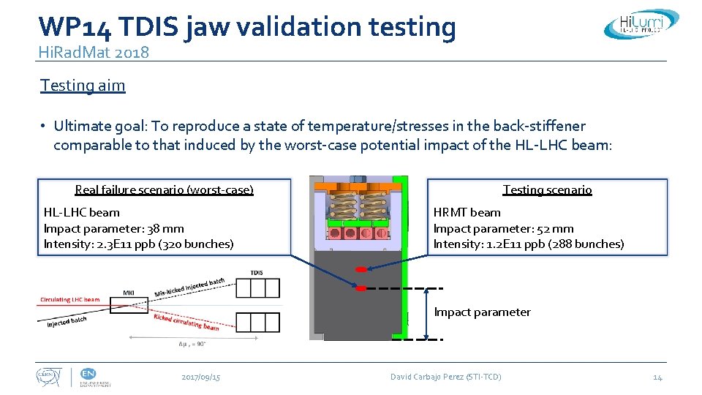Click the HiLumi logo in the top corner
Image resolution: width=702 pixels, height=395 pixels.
[641, 23]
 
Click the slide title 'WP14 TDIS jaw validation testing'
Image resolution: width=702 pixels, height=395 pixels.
[247, 26]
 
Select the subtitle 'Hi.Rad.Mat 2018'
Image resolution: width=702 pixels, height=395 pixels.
[94, 52]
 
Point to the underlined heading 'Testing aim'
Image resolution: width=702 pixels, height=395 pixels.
[83, 85]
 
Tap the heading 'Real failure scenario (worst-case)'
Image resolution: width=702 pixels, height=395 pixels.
[164, 190]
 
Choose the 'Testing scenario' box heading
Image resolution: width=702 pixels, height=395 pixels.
[547, 190]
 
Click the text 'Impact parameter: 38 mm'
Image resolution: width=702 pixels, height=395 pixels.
[114, 228]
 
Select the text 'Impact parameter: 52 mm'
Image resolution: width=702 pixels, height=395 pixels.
[503, 228]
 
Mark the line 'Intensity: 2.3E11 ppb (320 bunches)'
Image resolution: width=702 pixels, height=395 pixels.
[139, 244]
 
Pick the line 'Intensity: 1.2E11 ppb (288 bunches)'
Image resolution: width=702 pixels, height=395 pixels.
[529, 244]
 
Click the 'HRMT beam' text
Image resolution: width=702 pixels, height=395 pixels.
[467, 212]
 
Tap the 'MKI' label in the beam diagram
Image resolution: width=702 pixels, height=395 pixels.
[129, 293]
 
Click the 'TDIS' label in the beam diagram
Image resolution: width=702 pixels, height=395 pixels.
[256, 273]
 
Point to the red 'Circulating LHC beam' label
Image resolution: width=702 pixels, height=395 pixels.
[70, 300]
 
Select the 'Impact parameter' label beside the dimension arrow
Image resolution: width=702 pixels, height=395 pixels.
[482, 312]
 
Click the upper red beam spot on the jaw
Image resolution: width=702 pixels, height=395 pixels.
[361, 270]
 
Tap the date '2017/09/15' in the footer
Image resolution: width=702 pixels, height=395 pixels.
[201, 377]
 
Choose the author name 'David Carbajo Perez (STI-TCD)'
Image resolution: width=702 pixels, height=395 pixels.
[445, 377]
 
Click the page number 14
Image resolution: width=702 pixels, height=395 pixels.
[657, 377]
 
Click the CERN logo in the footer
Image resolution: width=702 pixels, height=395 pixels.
[50, 377]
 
